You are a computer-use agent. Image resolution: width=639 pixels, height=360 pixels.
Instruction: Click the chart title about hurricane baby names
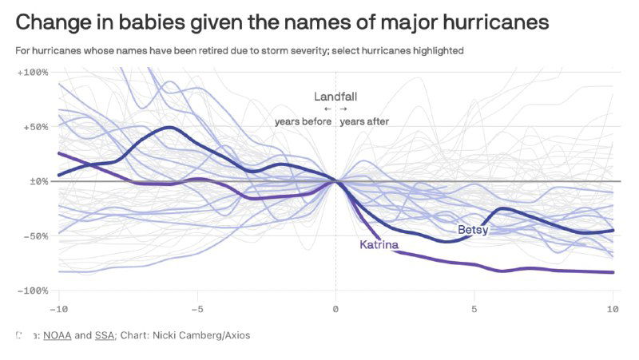click(x=282, y=22)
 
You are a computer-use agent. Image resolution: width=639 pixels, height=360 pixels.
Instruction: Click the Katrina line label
click(x=379, y=244)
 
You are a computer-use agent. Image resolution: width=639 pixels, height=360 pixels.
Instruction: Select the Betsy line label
click(x=473, y=230)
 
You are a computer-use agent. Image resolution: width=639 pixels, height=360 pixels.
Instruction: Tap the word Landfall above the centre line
click(x=335, y=97)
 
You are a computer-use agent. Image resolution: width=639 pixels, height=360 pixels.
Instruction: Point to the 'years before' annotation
click(x=303, y=122)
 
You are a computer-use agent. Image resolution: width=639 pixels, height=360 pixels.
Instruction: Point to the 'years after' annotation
click(x=364, y=122)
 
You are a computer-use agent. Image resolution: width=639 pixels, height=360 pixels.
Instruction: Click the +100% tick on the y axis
click(x=33, y=73)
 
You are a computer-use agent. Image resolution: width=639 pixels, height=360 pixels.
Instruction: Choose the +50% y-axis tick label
click(x=35, y=127)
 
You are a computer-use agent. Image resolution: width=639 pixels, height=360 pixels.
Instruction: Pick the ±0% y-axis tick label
click(x=38, y=181)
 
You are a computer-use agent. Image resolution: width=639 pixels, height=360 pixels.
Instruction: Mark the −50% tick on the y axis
click(x=35, y=236)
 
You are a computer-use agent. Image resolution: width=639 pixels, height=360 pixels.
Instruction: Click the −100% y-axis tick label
click(x=33, y=291)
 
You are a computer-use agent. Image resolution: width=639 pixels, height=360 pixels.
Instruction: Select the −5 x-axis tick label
click(x=196, y=308)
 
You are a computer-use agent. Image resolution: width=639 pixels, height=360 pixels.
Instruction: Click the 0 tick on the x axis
click(x=335, y=308)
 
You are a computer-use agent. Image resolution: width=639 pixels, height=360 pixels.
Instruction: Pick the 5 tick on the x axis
click(x=474, y=308)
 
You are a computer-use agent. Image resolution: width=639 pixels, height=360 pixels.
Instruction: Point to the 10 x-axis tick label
click(x=613, y=308)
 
